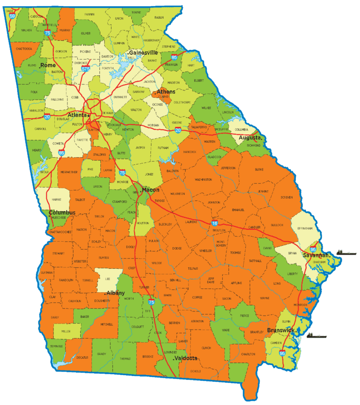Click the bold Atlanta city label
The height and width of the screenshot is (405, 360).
76,115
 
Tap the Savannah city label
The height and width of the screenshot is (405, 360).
316,255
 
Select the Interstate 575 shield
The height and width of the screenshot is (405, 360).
85,68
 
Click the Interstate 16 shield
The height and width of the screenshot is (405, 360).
214,224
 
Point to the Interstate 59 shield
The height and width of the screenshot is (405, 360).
12,15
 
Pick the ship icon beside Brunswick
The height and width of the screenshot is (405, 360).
317,335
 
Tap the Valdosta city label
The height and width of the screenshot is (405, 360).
186,358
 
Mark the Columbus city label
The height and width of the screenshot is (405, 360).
62,213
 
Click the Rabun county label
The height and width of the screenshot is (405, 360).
159,18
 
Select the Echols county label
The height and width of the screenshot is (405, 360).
196,371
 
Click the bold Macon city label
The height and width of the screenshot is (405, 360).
151,190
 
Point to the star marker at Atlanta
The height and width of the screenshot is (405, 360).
88,115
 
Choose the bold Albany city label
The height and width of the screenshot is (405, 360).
115,293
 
